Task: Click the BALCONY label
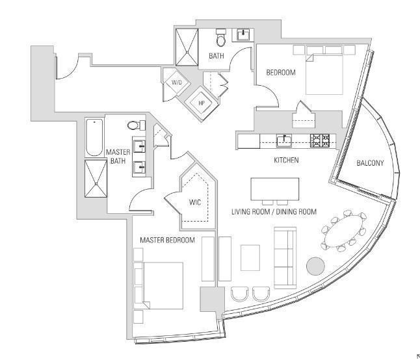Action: tap(369, 163)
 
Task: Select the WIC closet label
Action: tap(194, 202)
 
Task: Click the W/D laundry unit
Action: tap(176, 83)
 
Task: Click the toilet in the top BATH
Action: tap(220, 39)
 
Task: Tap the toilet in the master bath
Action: tap(133, 125)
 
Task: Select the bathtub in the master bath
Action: tap(95, 137)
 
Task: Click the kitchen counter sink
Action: tap(284, 140)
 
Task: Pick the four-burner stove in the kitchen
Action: tap(319, 140)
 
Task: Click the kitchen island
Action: tap(275, 189)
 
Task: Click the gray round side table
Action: tap(315, 266)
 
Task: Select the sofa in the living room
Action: tap(284, 257)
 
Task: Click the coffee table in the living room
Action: tap(250, 257)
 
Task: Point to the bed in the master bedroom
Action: tap(160, 285)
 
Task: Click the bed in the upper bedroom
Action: tap(322, 73)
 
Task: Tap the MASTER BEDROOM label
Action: tap(168, 240)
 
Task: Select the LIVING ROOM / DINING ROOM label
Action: tap(274, 212)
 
